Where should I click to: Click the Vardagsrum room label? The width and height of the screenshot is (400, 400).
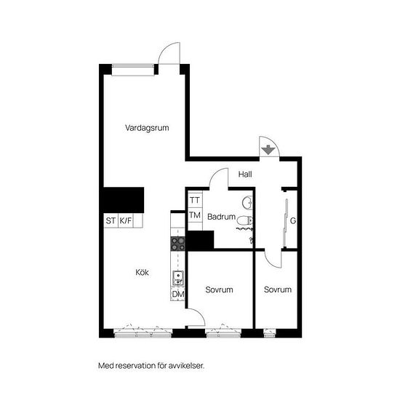pyautogui.click(x=147, y=127)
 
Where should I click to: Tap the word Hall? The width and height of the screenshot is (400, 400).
pyautogui.click(x=244, y=174)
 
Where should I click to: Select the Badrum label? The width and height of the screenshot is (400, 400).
pyautogui.click(x=221, y=217)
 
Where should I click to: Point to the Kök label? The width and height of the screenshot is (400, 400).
pyautogui.click(x=143, y=273)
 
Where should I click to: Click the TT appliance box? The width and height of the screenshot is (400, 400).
pyautogui.click(x=195, y=200)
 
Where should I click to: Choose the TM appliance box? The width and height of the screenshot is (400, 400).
pyautogui.click(x=195, y=215)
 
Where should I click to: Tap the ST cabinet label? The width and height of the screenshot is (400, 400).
pyautogui.click(x=111, y=220)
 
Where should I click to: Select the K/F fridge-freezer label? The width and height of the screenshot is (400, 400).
pyautogui.click(x=126, y=220)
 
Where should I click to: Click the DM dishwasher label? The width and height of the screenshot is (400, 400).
pyautogui.click(x=178, y=294)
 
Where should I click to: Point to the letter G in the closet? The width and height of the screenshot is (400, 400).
pyautogui.click(x=292, y=220)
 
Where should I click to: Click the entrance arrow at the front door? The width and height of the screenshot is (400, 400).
pyautogui.click(x=268, y=150)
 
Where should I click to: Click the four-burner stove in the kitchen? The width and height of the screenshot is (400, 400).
pyautogui.click(x=178, y=244)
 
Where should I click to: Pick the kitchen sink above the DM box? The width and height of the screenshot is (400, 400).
pyautogui.click(x=178, y=276)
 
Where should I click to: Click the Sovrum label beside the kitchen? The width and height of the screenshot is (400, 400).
pyautogui.click(x=219, y=289)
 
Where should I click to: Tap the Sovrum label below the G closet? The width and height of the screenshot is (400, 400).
pyautogui.click(x=278, y=289)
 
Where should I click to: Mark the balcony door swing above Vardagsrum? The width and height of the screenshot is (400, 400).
pyautogui.click(x=169, y=55)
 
